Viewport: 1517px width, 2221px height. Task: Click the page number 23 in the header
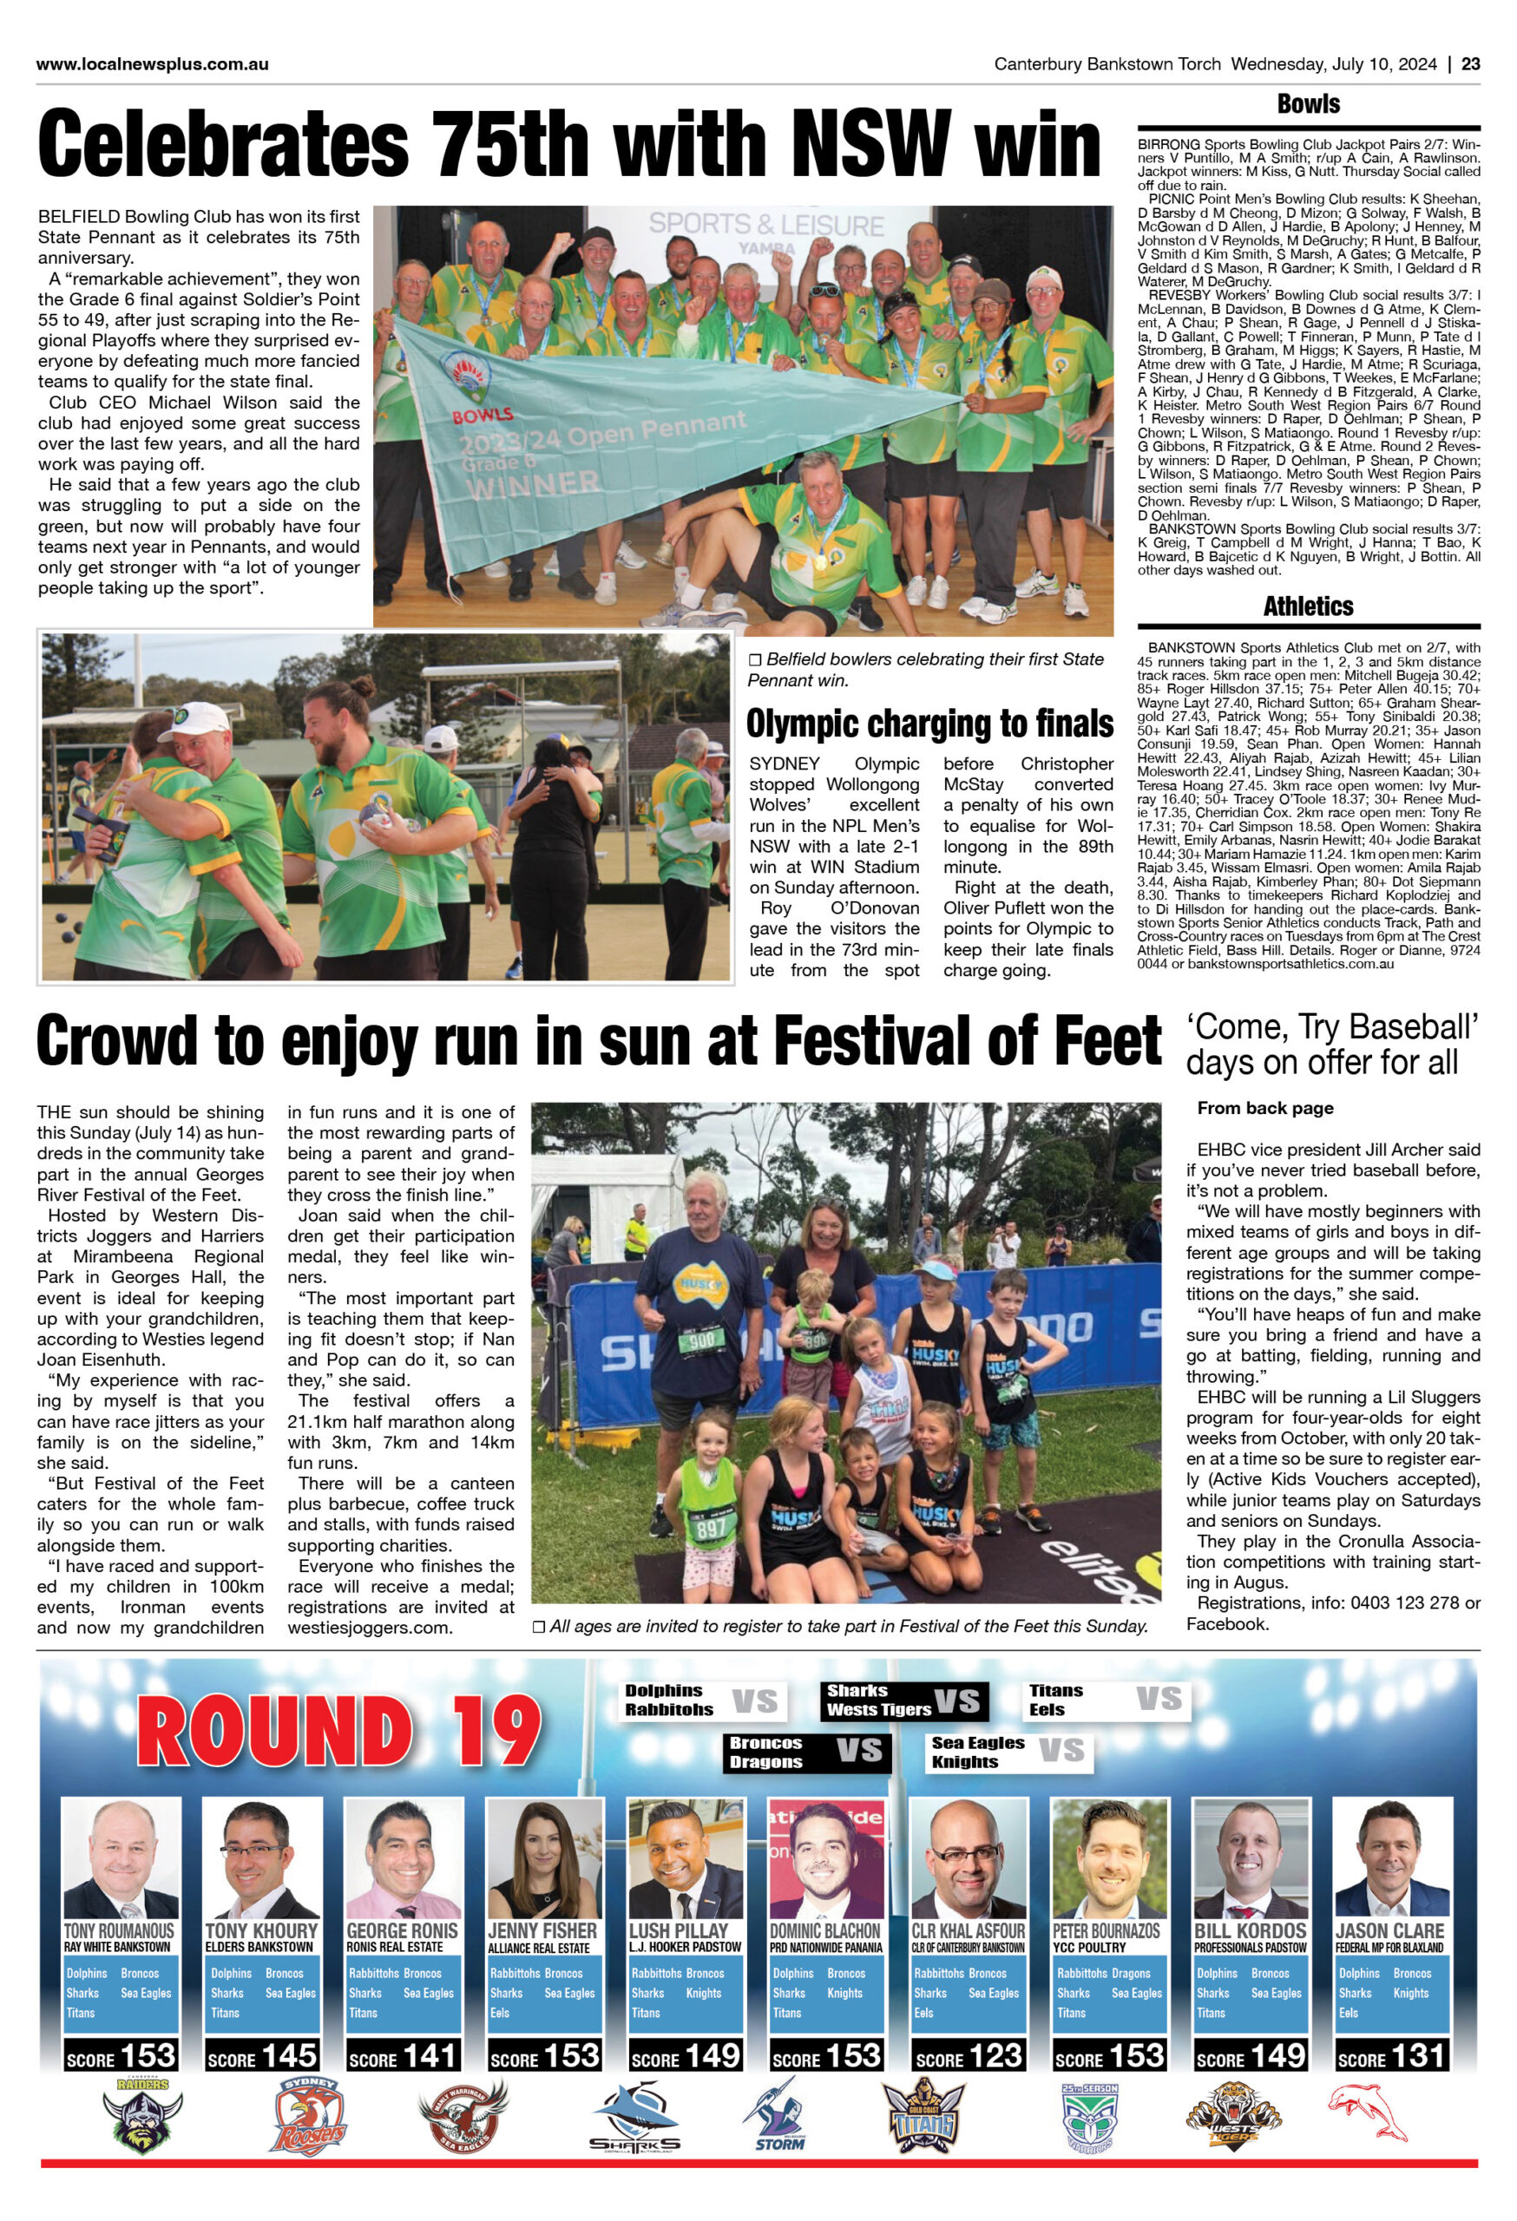(1470, 65)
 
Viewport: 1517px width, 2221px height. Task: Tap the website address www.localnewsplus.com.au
(152, 65)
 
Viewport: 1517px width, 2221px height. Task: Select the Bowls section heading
(1308, 104)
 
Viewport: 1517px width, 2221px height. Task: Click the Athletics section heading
(1308, 606)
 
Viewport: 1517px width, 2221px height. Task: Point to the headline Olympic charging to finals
(929, 724)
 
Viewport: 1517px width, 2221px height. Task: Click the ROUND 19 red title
(338, 1733)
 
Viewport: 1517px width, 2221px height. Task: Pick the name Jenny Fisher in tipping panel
(542, 1931)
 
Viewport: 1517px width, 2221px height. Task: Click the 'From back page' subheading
(1264, 1109)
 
